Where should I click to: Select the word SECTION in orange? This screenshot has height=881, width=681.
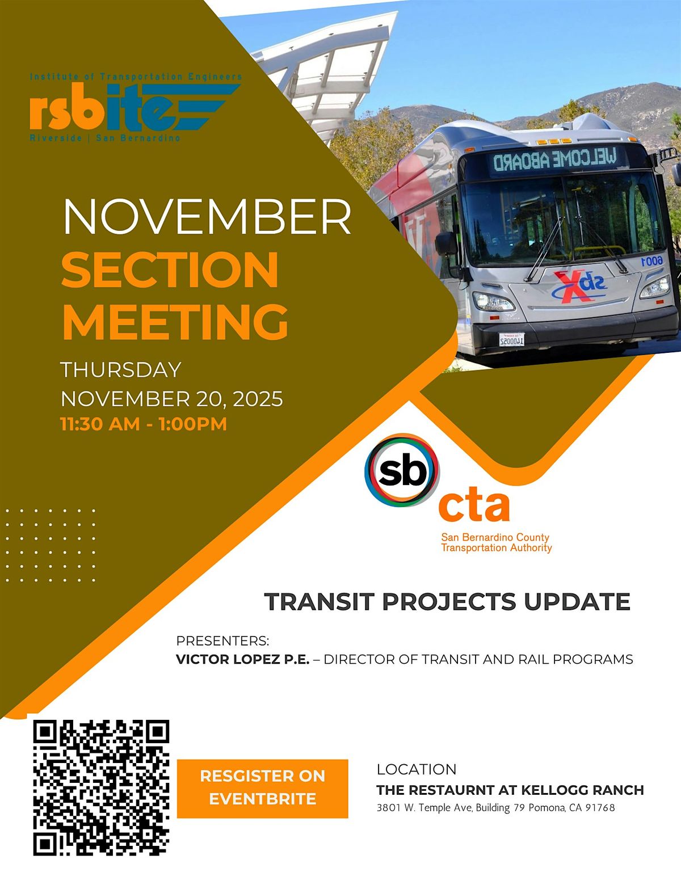point(170,270)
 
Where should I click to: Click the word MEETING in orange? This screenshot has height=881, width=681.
point(175,321)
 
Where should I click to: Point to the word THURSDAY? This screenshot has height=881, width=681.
point(121,370)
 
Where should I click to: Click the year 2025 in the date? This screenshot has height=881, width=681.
point(258,399)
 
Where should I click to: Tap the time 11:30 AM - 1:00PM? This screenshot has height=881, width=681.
point(144,424)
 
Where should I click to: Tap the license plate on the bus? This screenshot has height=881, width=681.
point(511,339)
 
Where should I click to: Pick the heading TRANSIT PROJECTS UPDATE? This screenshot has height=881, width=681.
point(447,602)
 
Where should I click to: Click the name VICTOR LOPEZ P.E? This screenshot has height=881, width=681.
point(243,659)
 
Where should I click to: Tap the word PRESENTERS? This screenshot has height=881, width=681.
point(222,640)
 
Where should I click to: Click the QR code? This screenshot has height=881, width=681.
point(102,787)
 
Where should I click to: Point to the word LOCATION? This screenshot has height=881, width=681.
point(417,769)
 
